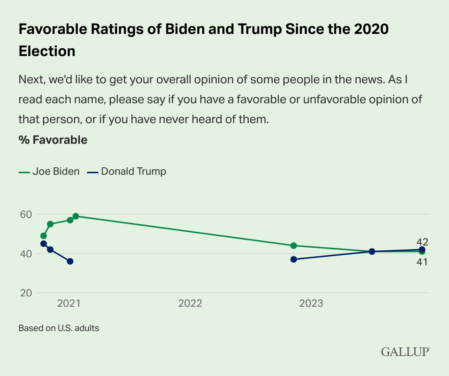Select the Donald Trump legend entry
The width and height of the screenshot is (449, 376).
click(127, 171)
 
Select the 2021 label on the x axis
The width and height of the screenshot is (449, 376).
click(69, 303)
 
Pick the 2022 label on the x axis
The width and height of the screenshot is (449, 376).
click(190, 303)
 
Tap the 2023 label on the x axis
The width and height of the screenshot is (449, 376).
click(311, 303)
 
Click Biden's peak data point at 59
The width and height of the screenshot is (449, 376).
click(76, 216)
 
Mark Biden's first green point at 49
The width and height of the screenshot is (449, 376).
click(43, 236)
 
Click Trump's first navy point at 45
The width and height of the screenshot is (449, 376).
click(43, 244)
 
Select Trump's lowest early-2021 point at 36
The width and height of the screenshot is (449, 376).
click(70, 261)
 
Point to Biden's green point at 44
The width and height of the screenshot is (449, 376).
click(294, 246)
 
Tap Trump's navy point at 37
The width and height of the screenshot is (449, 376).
click(294, 260)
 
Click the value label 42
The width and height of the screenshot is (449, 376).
click(422, 242)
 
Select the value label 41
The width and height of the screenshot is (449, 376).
click(422, 262)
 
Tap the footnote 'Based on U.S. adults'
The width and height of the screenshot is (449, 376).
click(59, 328)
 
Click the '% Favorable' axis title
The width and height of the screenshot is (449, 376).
click(53, 140)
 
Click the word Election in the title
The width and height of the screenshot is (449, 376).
click(47, 51)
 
